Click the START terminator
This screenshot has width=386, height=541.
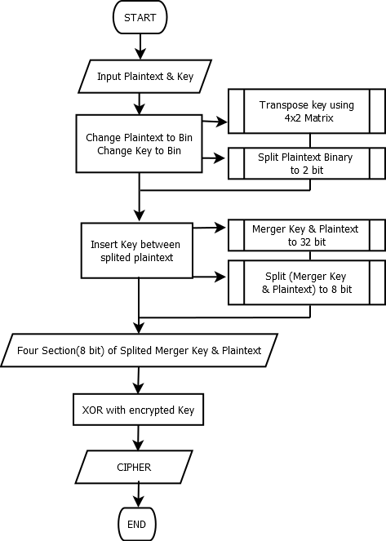140,17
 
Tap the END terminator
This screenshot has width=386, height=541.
137,524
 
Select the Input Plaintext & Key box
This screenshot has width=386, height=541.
145,76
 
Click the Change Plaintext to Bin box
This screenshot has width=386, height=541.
139,144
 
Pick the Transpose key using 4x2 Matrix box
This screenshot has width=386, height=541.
307,111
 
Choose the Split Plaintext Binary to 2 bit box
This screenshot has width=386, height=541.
307,163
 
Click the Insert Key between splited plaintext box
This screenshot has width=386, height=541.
136,251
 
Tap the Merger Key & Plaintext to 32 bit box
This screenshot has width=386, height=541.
307,235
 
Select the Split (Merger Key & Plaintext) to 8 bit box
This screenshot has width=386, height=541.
307,282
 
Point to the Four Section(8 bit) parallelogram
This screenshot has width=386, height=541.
139,350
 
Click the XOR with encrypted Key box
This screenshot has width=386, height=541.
139,410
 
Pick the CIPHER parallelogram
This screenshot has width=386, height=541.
134,467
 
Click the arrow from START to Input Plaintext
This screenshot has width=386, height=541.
140,47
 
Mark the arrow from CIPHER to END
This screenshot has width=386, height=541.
139,495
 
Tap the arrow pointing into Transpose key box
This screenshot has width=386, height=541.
215,122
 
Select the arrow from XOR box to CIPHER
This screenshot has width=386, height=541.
139,438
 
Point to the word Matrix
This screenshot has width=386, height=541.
319,118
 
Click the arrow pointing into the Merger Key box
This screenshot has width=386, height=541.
210,228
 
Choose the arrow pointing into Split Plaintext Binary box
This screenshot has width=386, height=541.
214,158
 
